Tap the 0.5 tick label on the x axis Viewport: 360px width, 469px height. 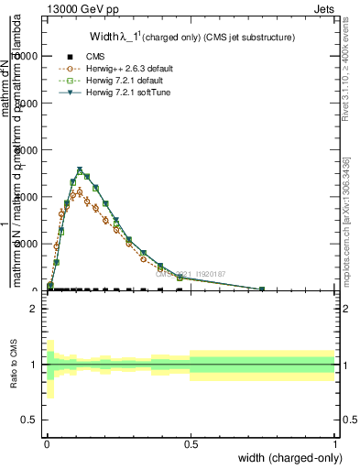click(x=191, y=442)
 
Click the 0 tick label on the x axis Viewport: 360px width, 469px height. click(x=46, y=442)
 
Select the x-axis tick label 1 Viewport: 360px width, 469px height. click(x=334, y=442)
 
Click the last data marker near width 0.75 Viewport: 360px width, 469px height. click(x=262, y=289)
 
